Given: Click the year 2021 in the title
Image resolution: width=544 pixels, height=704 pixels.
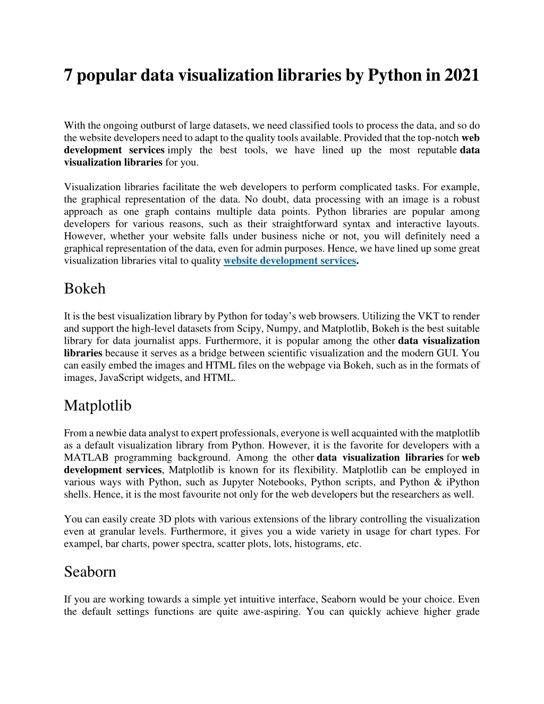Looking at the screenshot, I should (x=462, y=75).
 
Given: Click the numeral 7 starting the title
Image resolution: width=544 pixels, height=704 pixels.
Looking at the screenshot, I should (x=68, y=75).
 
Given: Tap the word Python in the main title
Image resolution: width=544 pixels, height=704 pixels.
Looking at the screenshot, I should (x=395, y=75).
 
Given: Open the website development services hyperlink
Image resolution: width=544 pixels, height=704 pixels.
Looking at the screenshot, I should (x=290, y=260).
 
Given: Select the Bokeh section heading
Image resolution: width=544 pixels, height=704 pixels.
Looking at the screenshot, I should (x=85, y=289).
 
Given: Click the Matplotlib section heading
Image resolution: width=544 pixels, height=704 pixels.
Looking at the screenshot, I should (x=98, y=405).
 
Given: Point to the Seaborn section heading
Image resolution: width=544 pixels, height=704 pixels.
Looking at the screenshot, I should (x=90, y=572).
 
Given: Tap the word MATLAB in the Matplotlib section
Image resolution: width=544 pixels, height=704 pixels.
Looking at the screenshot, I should (x=87, y=457).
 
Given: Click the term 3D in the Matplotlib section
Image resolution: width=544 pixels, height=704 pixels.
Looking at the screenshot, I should (x=164, y=519).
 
